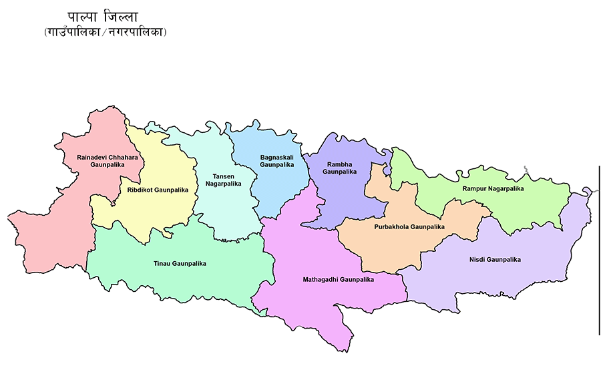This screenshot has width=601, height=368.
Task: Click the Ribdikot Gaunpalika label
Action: [x=158, y=190]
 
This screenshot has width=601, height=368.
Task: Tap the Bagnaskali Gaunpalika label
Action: [x=276, y=160]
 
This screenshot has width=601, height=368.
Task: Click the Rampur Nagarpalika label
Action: [x=493, y=189]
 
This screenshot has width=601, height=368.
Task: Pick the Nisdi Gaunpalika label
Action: [x=495, y=259]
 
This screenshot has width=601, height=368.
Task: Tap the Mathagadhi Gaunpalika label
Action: [x=338, y=280]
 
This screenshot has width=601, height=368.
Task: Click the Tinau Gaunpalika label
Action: [x=180, y=264]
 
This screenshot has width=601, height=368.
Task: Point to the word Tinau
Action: [x=162, y=264]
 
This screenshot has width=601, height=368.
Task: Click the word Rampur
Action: [x=473, y=189]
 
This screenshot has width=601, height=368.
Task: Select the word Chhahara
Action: [x=120, y=157]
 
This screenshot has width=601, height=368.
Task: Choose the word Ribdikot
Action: [x=139, y=190]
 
